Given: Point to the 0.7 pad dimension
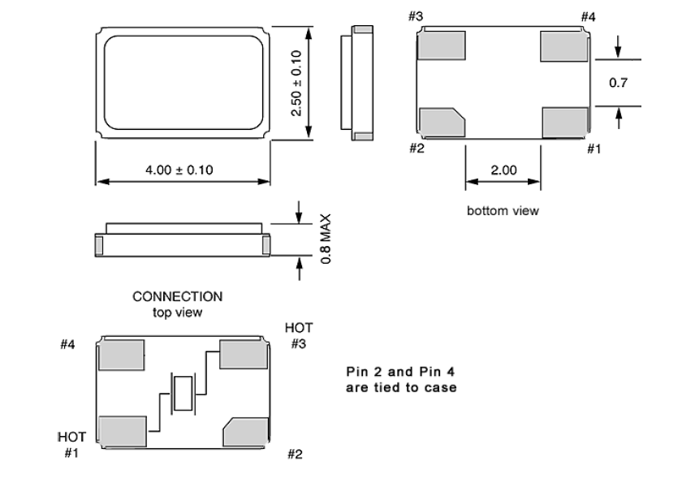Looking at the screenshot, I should (618, 83).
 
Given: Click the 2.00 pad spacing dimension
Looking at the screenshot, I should (503, 170).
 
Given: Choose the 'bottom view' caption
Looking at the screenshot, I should (503, 211).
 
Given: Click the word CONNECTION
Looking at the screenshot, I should (178, 297).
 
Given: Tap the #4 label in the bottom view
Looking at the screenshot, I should (589, 17).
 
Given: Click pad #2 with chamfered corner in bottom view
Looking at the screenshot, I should (440, 123).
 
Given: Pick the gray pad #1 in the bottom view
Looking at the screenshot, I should (563, 121).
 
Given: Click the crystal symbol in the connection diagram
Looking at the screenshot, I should (183, 393).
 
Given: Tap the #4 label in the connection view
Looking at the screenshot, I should (68, 345).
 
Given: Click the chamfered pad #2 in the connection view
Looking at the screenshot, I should (245, 433).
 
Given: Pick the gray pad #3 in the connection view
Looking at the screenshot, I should (244, 356).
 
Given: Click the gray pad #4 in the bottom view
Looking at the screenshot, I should (563, 46).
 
